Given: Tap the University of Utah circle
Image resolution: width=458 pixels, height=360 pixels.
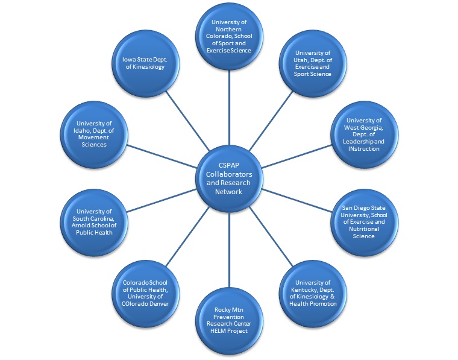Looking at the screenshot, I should click(313, 64).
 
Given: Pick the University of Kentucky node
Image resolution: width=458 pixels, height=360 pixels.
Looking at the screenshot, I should click(313, 293).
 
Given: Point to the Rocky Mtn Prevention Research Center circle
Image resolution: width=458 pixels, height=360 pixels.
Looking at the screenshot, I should click(229, 320).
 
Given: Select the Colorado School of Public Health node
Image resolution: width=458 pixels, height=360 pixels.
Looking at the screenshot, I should click(145, 293).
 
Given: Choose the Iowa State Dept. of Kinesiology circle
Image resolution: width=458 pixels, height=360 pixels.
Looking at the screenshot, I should click(145, 64).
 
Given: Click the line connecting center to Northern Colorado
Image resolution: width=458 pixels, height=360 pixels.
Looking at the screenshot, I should click(229, 109).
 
